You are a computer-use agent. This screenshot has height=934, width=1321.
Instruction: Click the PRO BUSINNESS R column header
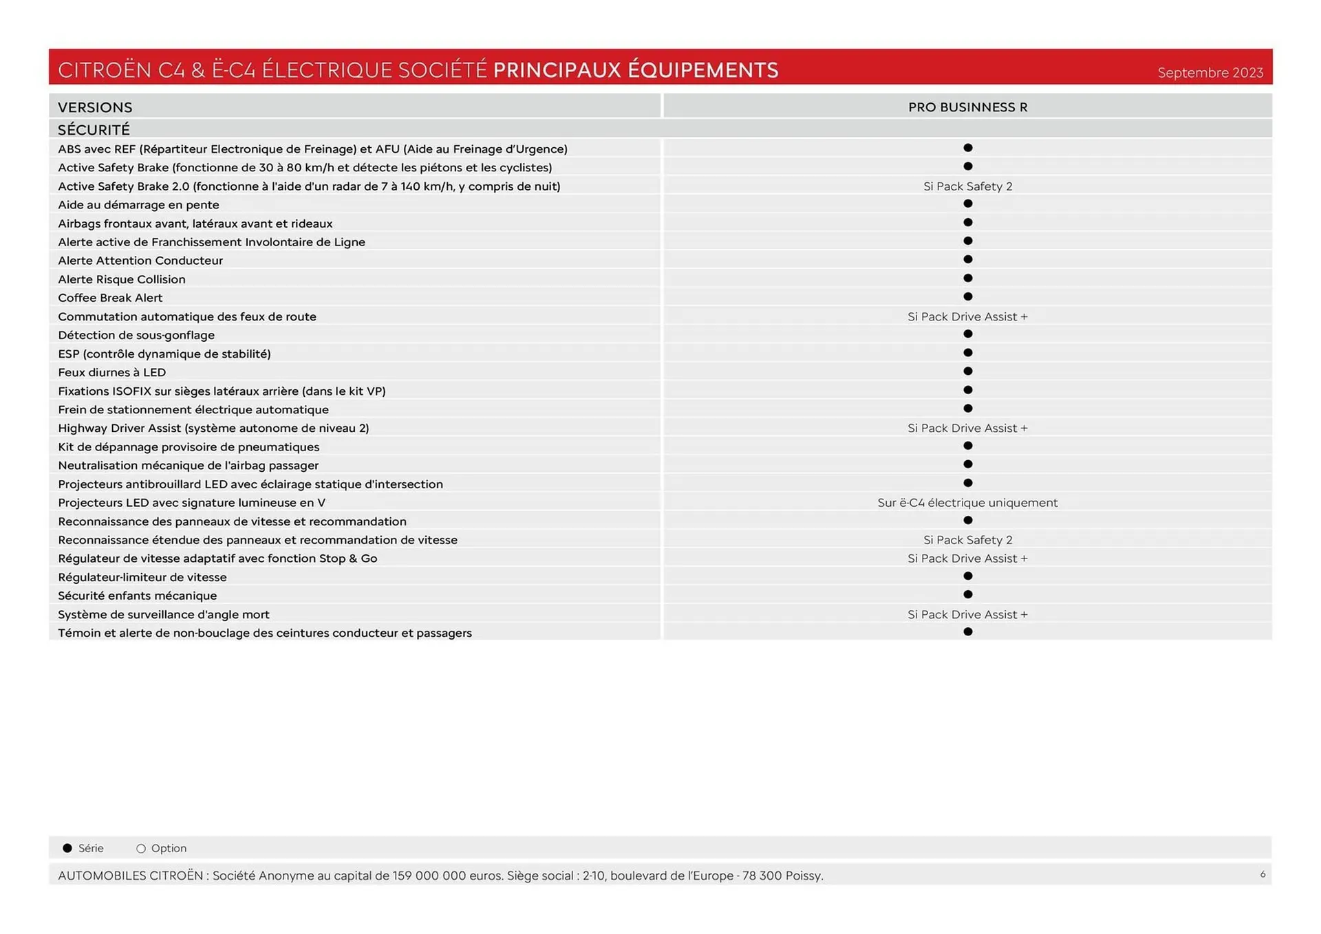point(967,107)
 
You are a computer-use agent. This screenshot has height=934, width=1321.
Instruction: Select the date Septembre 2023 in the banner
point(1210,73)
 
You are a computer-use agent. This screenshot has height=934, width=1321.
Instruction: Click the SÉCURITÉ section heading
point(94,130)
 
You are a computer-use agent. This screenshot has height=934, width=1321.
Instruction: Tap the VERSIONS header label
point(95,107)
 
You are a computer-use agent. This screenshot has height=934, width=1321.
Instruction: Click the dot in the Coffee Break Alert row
point(967,297)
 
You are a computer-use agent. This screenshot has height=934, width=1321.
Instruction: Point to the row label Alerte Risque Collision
point(122,279)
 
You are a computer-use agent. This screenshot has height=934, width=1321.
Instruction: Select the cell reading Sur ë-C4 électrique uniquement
point(967,503)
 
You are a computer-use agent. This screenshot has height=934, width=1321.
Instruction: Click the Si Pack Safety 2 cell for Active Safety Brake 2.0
point(967,186)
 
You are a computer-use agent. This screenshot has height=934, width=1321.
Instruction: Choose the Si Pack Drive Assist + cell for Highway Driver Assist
point(967,428)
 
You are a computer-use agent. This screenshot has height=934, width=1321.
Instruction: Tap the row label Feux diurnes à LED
point(111,372)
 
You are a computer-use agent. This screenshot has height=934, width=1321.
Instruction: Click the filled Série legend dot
point(67,848)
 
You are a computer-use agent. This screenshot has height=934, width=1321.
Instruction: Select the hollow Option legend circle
point(141,849)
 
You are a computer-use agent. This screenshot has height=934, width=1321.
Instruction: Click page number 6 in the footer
point(1263,874)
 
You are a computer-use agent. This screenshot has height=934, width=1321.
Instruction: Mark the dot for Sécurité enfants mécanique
point(967,594)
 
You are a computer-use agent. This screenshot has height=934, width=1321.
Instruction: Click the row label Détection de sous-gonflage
point(136,335)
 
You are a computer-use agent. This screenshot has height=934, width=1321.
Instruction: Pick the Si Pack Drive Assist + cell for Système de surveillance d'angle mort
point(967,614)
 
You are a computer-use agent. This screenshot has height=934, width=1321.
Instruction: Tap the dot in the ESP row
point(967,353)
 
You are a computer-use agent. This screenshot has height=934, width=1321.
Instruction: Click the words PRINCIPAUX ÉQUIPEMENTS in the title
point(636,70)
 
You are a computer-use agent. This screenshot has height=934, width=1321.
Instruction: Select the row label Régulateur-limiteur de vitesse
point(142,577)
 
